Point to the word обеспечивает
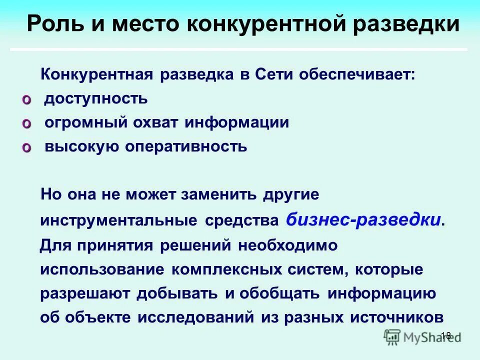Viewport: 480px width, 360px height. [x=357, y=74]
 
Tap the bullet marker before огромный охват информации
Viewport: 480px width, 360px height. [x=26, y=123]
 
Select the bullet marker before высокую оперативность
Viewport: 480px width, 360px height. [x=26, y=147]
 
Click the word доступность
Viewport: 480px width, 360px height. [x=96, y=98]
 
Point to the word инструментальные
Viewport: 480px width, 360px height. [x=118, y=220]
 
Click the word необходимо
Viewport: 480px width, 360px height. [x=287, y=245]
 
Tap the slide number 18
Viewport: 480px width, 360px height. [x=446, y=335]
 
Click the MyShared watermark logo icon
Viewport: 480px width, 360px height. [x=392, y=336]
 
